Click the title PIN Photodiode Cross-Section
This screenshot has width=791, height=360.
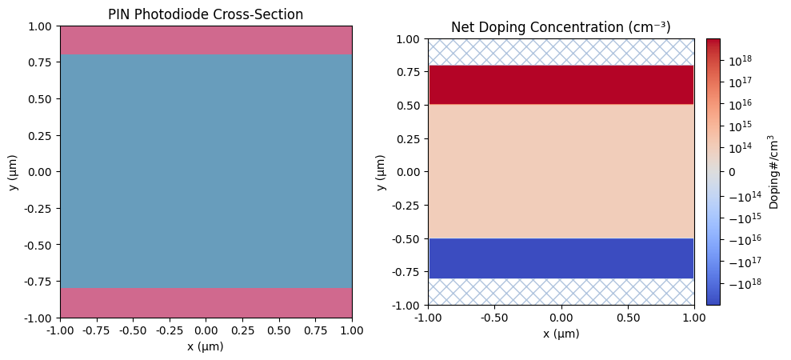coord(206,14)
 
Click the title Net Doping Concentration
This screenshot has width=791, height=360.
coord(560,27)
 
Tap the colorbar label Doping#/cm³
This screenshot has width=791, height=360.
coord(774,172)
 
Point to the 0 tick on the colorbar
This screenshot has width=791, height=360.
coord(731,172)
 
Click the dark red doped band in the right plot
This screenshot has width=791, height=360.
coord(561,85)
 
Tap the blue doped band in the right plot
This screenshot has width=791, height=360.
coord(561,258)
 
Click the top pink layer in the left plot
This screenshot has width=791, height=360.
coord(206,40)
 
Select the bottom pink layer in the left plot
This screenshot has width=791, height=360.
coord(206,302)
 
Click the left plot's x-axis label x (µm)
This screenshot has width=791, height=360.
coord(206,346)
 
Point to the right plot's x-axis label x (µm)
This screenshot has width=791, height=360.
coord(561,334)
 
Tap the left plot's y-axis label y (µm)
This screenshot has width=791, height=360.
coord(12,172)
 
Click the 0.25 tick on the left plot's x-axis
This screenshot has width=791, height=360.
coord(242,330)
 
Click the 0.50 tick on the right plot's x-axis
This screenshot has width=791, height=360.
coord(627,317)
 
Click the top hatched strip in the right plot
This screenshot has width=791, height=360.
coord(561,52)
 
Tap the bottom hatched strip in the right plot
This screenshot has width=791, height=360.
coord(561,291)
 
